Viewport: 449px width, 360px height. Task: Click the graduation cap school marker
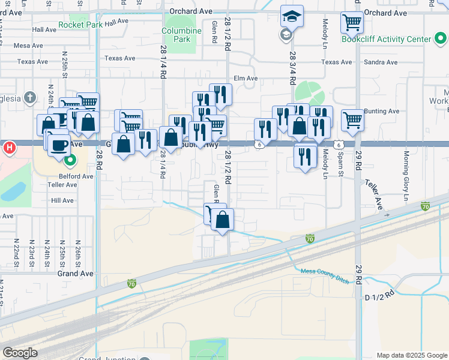pos(292,17)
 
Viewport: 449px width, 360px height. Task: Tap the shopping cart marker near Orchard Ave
pos(352,23)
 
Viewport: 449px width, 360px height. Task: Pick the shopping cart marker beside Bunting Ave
pos(353,120)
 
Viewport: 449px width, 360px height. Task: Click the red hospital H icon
pos(10,147)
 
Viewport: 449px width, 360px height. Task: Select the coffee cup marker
pos(59,145)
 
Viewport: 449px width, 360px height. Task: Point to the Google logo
pos(20,352)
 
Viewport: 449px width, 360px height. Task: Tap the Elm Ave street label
pos(246,78)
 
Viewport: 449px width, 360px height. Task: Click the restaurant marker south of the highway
pos(306,155)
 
